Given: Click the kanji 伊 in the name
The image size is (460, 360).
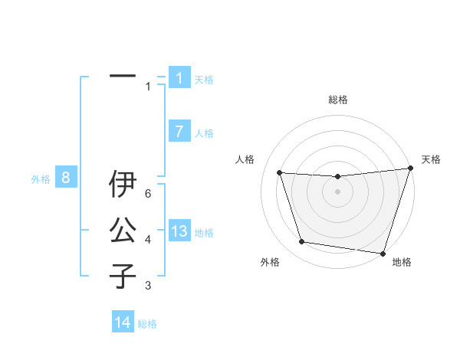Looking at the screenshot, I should [x=123, y=184].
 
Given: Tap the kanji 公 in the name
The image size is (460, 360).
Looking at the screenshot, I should [x=123, y=230].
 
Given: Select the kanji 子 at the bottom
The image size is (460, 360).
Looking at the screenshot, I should [x=123, y=275].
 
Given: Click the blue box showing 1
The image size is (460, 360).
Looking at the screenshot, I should [x=179, y=78].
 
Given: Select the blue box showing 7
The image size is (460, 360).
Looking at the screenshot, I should [x=179, y=132].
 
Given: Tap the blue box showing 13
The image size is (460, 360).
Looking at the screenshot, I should [x=179, y=232].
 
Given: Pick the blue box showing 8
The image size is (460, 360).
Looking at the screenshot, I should [x=66, y=178].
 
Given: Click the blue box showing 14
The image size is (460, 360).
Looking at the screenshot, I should [x=123, y=322].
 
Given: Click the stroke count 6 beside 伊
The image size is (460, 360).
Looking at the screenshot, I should [x=148, y=194].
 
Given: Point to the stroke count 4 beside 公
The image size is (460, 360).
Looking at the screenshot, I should [x=148, y=240].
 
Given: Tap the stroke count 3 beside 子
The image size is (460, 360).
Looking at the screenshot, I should [x=148, y=286].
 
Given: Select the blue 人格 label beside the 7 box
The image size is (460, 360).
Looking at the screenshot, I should [x=204, y=133].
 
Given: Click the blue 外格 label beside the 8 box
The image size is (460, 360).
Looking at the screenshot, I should [x=41, y=179].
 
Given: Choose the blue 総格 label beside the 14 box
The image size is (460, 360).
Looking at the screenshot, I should [x=147, y=324].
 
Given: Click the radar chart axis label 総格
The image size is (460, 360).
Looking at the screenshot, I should [x=337, y=100].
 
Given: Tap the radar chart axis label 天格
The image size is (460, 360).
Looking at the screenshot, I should [x=431, y=159].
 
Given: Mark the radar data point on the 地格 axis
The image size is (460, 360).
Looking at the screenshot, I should [x=382, y=253].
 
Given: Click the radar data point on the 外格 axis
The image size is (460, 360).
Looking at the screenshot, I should [x=302, y=242].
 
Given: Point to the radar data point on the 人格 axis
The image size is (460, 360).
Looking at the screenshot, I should [x=280, y=173].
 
